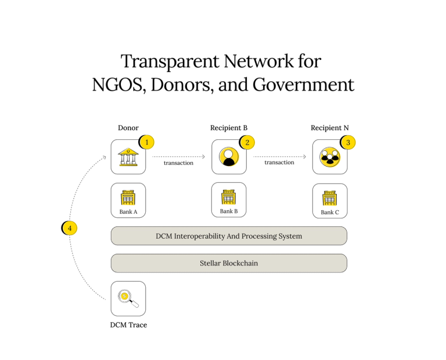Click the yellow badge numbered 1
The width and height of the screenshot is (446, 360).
click(147, 142)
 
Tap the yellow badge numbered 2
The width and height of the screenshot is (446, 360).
click(247, 142)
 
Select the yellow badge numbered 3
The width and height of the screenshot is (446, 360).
click(348, 142)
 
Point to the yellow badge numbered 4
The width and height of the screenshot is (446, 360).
click(70, 228)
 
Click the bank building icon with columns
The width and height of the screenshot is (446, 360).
click(129, 158)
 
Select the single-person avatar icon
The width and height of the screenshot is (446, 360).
click(229, 157)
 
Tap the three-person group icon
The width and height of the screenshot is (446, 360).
click(330, 157)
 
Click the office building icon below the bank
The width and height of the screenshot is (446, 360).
click(128, 197)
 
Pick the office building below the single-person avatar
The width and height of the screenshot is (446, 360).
click(229, 197)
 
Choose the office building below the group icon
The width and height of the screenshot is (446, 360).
click(330, 197)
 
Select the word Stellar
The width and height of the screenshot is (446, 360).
click(210, 263)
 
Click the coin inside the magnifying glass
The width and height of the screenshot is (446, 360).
click(124, 296)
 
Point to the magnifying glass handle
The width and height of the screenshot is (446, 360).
click(135, 304)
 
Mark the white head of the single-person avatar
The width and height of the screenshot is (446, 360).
click(229, 154)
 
